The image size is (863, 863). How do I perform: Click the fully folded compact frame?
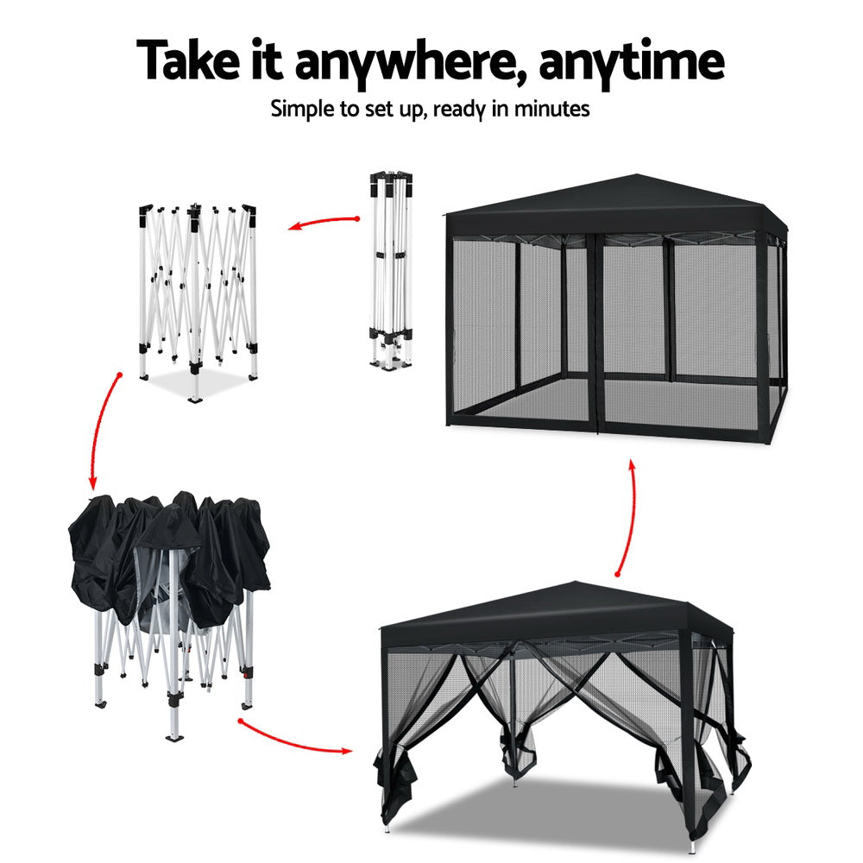point(391,268)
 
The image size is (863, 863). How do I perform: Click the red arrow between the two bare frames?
point(323,223)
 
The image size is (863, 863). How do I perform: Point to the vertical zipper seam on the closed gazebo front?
point(595,337)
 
